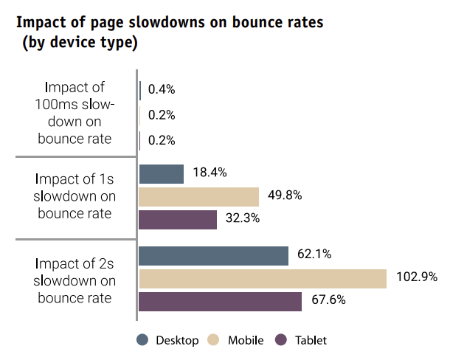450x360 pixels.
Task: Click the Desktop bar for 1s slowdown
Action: [161, 174]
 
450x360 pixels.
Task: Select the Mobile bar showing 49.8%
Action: [198, 197]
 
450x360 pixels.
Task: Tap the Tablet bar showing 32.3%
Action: [178, 220]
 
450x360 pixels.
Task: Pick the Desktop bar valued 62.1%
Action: [213, 255]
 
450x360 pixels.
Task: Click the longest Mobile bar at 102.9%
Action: [263, 279]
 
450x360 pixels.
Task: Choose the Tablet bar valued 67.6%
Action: [220, 302]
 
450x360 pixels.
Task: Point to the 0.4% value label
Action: [162, 90]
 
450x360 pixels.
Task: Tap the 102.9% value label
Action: [417, 277]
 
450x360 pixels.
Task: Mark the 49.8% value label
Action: [285, 195]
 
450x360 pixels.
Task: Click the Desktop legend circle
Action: [143, 340]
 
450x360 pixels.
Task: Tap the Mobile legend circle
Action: [214, 340]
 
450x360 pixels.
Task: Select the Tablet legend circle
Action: [280, 340]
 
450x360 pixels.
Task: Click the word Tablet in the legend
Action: [311, 340]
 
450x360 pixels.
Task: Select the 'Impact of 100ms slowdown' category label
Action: [75, 112]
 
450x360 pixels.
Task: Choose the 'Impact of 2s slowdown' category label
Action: [75, 280]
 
